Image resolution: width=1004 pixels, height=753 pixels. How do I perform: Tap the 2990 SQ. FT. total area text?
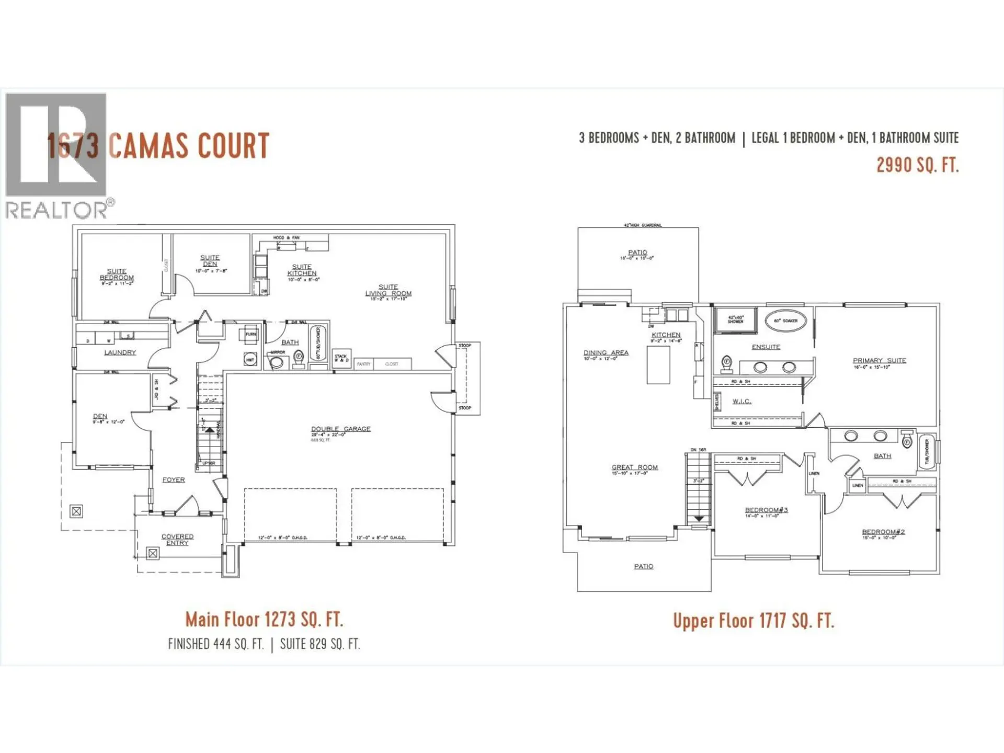tap(917, 165)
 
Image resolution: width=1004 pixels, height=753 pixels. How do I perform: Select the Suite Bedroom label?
tap(117, 275)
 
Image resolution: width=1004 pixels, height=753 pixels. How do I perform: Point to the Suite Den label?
tap(210, 261)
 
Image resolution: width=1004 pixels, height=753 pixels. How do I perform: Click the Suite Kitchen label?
tap(302, 270)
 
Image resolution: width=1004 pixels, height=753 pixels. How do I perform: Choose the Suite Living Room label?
tap(388, 290)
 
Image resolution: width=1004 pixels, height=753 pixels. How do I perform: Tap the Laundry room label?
tap(120, 352)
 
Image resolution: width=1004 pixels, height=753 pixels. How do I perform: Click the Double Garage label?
tap(341, 429)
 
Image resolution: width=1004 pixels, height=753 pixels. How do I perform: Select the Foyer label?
tap(174, 480)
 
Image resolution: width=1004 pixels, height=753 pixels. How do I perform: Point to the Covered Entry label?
tap(177, 540)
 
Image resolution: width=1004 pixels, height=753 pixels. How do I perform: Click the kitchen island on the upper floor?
tap(658, 365)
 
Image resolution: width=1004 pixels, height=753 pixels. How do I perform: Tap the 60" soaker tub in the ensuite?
tap(785, 321)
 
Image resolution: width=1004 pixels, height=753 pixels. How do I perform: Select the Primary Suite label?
tap(879, 360)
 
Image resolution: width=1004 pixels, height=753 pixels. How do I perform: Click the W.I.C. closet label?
tap(741, 401)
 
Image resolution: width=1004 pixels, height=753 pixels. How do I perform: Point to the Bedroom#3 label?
tap(766, 510)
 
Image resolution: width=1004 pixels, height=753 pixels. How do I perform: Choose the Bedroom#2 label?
tap(883, 532)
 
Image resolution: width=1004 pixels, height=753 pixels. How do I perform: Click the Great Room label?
tap(635, 467)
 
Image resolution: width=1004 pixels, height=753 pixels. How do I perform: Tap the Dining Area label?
tap(606, 353)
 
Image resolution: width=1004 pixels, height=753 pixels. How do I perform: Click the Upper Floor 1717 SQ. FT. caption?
tap(753, 621)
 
